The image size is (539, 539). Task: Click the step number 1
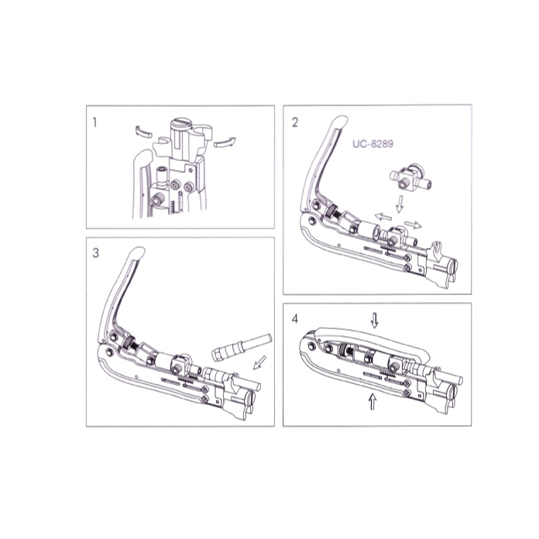point(95,122)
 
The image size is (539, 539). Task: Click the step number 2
point(295,122)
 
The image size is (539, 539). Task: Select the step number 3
point(95,253)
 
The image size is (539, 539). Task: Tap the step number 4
point(295,319)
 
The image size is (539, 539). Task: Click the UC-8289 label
point(372,143)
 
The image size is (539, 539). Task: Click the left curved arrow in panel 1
point(143,132)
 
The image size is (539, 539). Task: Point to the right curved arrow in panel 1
point(225,142)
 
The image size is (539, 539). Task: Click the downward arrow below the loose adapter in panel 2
point(400,204)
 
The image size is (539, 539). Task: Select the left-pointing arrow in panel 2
point(383,217)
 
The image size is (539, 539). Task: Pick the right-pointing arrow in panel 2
point(413,225)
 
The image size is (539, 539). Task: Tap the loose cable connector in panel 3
point(242,346)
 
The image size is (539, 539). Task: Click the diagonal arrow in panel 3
point(259,362)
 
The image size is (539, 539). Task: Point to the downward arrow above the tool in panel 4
point(374,321)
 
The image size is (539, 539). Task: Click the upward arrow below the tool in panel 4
point(372,401)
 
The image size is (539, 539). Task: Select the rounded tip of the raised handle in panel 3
point(137,252)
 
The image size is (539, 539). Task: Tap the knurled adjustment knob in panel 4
point(344,351)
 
